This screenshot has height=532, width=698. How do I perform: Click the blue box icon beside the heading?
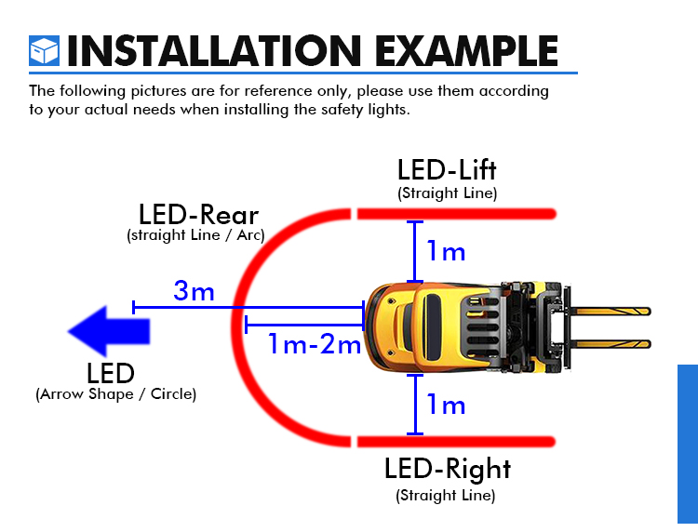tap(44, 51)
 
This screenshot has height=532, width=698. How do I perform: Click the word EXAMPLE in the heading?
tap(466, 51)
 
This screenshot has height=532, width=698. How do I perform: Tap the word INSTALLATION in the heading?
tap(214, 51)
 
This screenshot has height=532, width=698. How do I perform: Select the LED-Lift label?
tap(447, 170)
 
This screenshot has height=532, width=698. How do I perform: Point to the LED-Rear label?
tap(198, 215)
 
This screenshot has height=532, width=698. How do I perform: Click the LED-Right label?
tap(448, 470)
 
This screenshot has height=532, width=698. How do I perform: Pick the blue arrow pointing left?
tap(109, 331)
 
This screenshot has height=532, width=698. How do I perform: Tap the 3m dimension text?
tap(194, 290)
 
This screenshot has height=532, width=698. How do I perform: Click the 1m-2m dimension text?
tap(315, 344)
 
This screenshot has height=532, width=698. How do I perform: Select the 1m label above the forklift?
tap(446, 251)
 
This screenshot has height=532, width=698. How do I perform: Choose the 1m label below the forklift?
tap(446, 405)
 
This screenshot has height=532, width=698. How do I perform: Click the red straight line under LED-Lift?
tap(457, 214)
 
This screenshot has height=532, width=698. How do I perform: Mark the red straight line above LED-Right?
tap(456, 441)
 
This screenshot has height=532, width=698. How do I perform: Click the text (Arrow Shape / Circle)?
tap(115, 394)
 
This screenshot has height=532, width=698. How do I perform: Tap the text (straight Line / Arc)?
tap(195, 235)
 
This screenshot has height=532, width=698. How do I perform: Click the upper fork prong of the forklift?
tap(610, 312)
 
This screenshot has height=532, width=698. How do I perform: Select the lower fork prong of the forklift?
tap(610, 344)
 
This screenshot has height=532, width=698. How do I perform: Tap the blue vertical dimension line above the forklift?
tap(415, 252)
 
